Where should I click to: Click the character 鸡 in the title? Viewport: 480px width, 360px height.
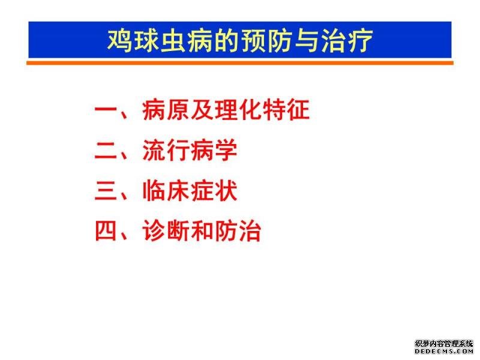pyautogui.click(x=119, y=41)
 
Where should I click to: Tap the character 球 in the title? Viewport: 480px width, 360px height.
pyautogui.click(x=146, y=41)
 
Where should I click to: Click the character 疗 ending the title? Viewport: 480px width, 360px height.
pyautogui.click(x=361, y=41)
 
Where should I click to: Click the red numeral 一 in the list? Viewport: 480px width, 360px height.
pyautogui.click(x=106, y=110)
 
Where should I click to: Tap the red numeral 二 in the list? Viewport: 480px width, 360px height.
pyautogui.click(x=106, y=151)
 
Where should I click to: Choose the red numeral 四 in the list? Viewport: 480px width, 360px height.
pyautogui.click(x=106, y=230)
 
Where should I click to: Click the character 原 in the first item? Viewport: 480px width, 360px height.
pyautogui.click(x=178, y=110)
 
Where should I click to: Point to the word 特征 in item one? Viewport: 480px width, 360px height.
pyautogui.click(x=286, y=110)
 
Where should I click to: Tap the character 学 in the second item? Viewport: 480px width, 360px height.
pyautogui.click(x=226, y=151)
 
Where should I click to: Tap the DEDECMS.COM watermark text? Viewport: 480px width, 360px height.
pyautogui.click(x=444, y=352)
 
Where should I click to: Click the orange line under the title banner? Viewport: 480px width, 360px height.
pyautogui.click(x=240, y=63)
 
